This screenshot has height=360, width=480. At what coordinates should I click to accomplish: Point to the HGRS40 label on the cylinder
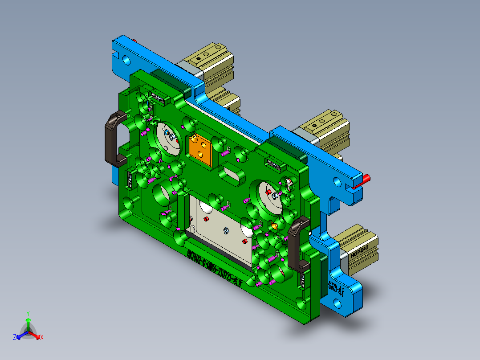(360, 253)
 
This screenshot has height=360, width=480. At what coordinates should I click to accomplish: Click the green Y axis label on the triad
(28, 313)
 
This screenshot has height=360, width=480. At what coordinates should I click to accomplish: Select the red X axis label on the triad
(42, 338)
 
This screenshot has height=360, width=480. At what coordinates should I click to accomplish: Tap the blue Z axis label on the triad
(15, 337)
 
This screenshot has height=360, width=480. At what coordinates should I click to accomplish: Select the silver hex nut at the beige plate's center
(226, 230)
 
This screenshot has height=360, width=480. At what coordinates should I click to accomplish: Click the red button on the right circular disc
(268, 192)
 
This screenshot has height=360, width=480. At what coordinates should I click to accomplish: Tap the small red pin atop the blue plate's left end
(135, 41)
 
